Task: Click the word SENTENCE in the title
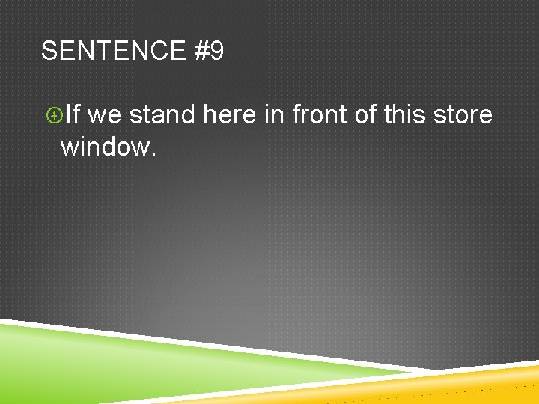(113, 52)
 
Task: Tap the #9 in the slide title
(208, 52)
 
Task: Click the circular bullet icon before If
(53, 115)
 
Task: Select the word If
(73, 115)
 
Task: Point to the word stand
(162, 115)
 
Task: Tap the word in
(273, 115)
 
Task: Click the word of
(365, 115)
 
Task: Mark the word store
(463, 115)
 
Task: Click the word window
(104, 146)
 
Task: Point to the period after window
(153, 153)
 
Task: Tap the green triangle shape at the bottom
(112, 359)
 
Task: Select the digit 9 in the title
(216, 52)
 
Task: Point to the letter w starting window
(70, 147)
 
